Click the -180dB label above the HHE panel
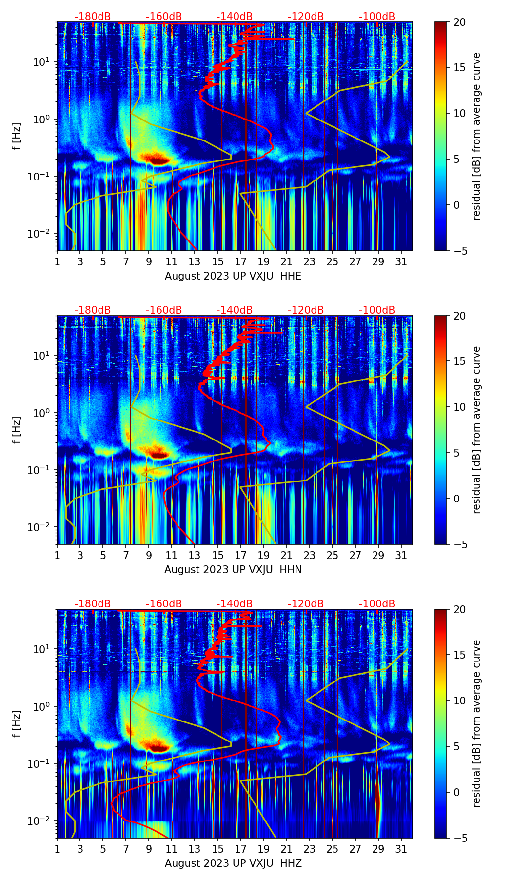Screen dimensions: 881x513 click(93, 17)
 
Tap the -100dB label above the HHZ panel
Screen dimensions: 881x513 click(377, 604)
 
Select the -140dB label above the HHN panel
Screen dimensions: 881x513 click(235, 310)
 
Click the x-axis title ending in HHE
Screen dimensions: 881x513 click(233, 276)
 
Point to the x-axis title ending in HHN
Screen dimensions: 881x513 click(233, 570)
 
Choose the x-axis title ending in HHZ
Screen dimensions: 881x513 click(233, 863)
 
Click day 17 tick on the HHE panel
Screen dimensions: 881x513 click(241, 261)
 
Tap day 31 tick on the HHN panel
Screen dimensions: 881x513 click(401, 555)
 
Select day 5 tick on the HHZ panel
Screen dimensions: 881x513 click(103, 849)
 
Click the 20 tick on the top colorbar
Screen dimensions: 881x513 click(459, 22)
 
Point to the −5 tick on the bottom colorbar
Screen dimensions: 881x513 click(459, 838)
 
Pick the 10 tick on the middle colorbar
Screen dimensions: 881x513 click(459, 407)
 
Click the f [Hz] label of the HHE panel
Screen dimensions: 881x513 click(16, 137)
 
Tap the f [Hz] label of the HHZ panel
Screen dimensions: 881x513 click(16, 724)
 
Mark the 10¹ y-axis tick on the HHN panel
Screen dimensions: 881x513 click(42, 356)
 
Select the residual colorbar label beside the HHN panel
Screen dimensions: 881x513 click(476, 430)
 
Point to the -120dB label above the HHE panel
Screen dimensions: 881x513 click(306, 17)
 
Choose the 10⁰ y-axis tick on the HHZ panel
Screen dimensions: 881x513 click(42, 706)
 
